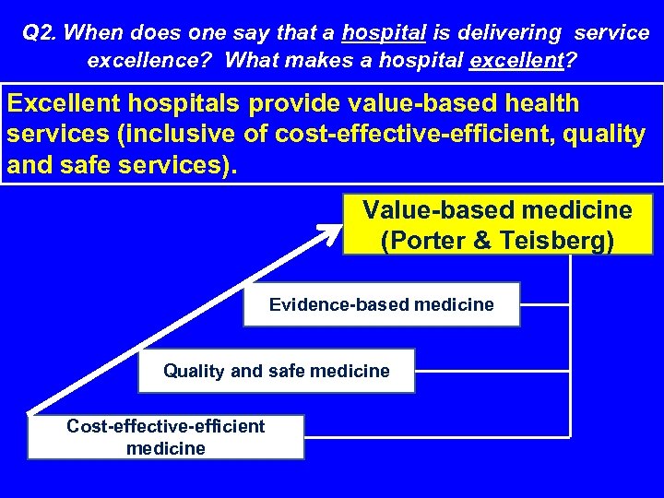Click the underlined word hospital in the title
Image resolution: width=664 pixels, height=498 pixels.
click(383, 34)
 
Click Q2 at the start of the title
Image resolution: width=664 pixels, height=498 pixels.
click(39, 34)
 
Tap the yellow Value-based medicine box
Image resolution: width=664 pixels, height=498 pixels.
click(497, 224)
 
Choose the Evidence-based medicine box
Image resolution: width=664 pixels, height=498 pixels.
click(381, 304)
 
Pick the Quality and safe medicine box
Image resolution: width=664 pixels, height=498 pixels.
click(276, 371)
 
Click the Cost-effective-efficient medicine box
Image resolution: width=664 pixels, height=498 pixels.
click(165, 437)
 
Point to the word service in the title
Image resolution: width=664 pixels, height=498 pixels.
click(611, 34)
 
